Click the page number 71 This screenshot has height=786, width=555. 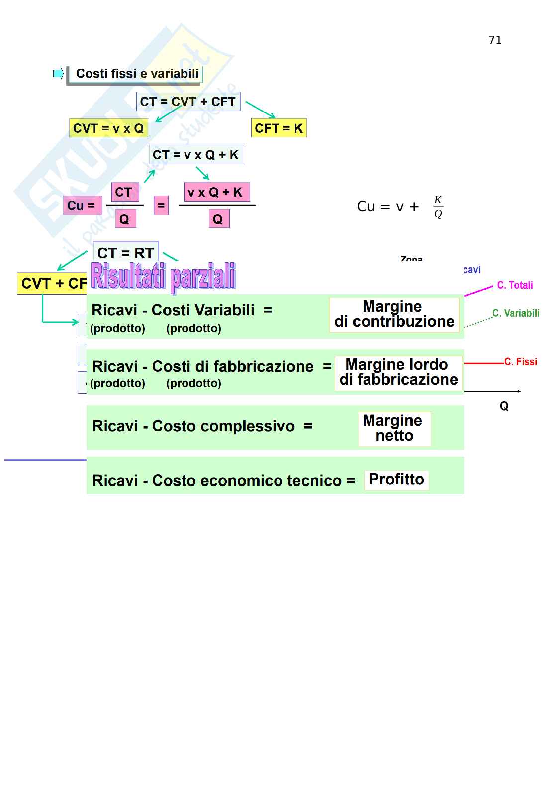pyautogui.click(x=495, y=40)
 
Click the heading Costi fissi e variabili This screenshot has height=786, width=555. pyautogui.click(x=137, y=74)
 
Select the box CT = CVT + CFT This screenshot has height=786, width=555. pyautogui.click(x=188, y=102)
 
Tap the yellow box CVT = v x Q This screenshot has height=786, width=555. pyautogui.click(x=108, y=128)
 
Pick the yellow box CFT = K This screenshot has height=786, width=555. pyautogui.click(x=278, y=128)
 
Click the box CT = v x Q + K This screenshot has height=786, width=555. pyautogui.click(x=196, y=155)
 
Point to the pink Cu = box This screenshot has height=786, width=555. pyautogui.click(x=82, y=205)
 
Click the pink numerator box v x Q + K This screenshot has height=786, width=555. pyautogui.click(x=215, y=192)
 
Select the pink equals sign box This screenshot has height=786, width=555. pyautogui.click(x=161, y=205)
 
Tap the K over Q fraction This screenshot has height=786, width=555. pyautogui.click(x=438, y=207)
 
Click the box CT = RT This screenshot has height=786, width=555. pyautogui.click(x=126, y=253)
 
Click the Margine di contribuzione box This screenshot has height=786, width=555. pyautogui.click(x=394, y=314)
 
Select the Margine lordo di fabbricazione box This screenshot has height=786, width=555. pyautogui.click(x=398, y=372)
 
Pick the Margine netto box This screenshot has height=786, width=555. pyautogui.click(x=394, y=428)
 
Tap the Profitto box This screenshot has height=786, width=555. pyautogui.click(x=396, y=480)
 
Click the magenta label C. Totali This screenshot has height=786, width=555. pyautogui.click(x=515, y=285)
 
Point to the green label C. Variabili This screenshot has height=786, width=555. pyautogui.click(x=516, y=313)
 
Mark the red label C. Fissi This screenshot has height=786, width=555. pyautogui.click(x=521, y=362)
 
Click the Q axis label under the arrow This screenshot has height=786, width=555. pyautogui.click(x=504, y=406)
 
